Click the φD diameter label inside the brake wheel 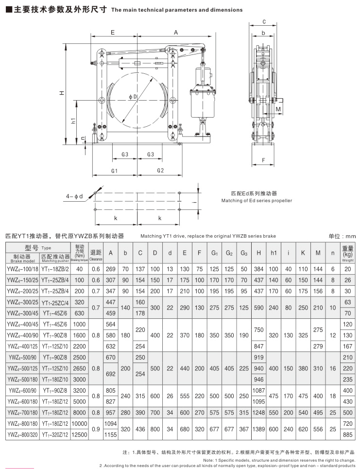133,97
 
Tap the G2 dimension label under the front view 161,171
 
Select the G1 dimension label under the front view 115,171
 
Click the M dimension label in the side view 278,110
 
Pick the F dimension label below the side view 264,159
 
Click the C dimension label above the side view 264,22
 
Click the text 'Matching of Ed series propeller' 257,200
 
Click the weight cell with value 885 347,434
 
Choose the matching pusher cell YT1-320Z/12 55,434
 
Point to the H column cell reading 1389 259,429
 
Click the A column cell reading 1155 110,434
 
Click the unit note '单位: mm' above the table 342,236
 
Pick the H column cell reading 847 259,346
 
